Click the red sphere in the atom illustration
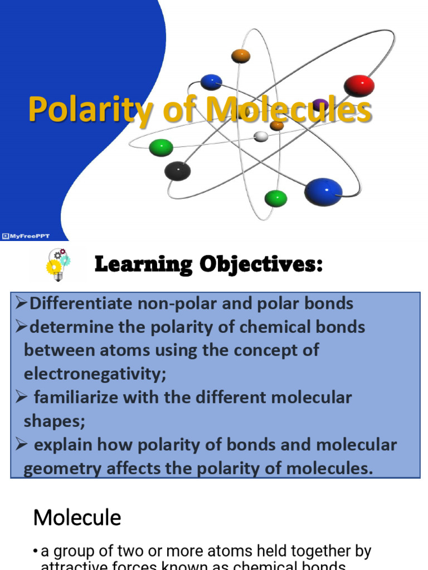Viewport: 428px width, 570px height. (x=359, y=86)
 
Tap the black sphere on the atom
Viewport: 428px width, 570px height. (x=177, y=170)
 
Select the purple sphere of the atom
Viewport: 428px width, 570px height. (x=320, y=105)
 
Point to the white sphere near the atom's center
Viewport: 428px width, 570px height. (x=261, y=136)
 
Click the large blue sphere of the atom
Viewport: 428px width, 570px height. (x=323, y=191)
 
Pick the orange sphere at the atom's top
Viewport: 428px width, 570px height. (x=241, y=56)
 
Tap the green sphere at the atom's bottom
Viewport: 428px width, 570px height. (x=275, y=198)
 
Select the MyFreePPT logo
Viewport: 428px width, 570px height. (x=26, y=236)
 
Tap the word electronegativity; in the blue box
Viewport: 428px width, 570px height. (x=95, y=374)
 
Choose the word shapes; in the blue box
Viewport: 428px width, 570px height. (x=55, y=421)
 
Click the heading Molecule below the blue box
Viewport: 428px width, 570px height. (x=77, y=518)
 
